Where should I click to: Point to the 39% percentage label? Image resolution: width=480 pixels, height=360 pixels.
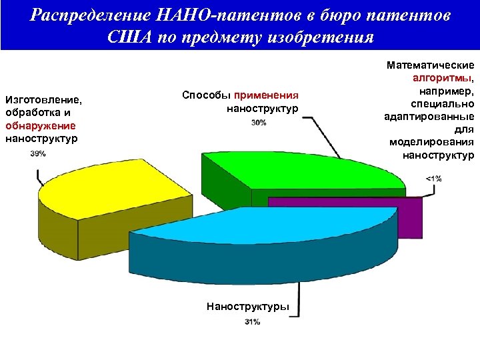click(38, 154)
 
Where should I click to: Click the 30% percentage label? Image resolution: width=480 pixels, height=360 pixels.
click(259, 123)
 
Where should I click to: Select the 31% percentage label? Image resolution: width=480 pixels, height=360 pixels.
click(252, 322)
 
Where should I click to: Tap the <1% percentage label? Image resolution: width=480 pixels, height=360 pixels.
click(433, 178)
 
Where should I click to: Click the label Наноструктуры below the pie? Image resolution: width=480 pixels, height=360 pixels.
click(248, 307)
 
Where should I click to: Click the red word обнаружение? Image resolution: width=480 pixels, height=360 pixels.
click(40, 125)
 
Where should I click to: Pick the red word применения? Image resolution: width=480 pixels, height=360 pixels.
click(266, 95)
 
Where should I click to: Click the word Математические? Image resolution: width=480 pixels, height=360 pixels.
click(431, 65)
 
